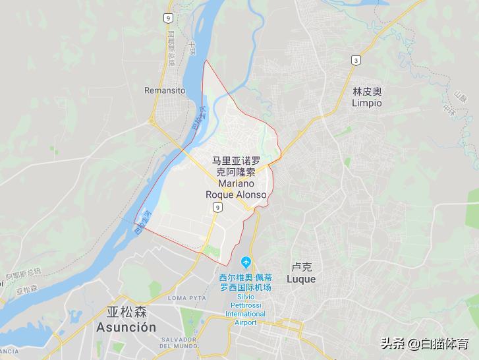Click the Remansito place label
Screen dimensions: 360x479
click(165, 90)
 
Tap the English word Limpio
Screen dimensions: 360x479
click(366, 104)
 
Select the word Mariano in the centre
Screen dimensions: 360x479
click(237, 183)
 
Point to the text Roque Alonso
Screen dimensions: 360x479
click(237, 195)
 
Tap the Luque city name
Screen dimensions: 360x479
click(301, 279)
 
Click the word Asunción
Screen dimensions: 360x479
click(126, 327)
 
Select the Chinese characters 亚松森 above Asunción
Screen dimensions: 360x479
click(125, 312)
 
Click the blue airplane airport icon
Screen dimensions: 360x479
click(246, 263)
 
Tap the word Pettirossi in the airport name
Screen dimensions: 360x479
click(246, 305)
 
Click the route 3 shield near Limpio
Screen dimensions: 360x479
click(356, 60)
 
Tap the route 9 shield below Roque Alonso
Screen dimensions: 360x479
click(216, 208)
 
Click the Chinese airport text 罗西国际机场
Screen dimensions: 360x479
click(245, 287)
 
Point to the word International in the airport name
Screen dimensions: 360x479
click(245, 314)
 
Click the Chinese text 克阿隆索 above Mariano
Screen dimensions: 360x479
click(237, 171)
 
